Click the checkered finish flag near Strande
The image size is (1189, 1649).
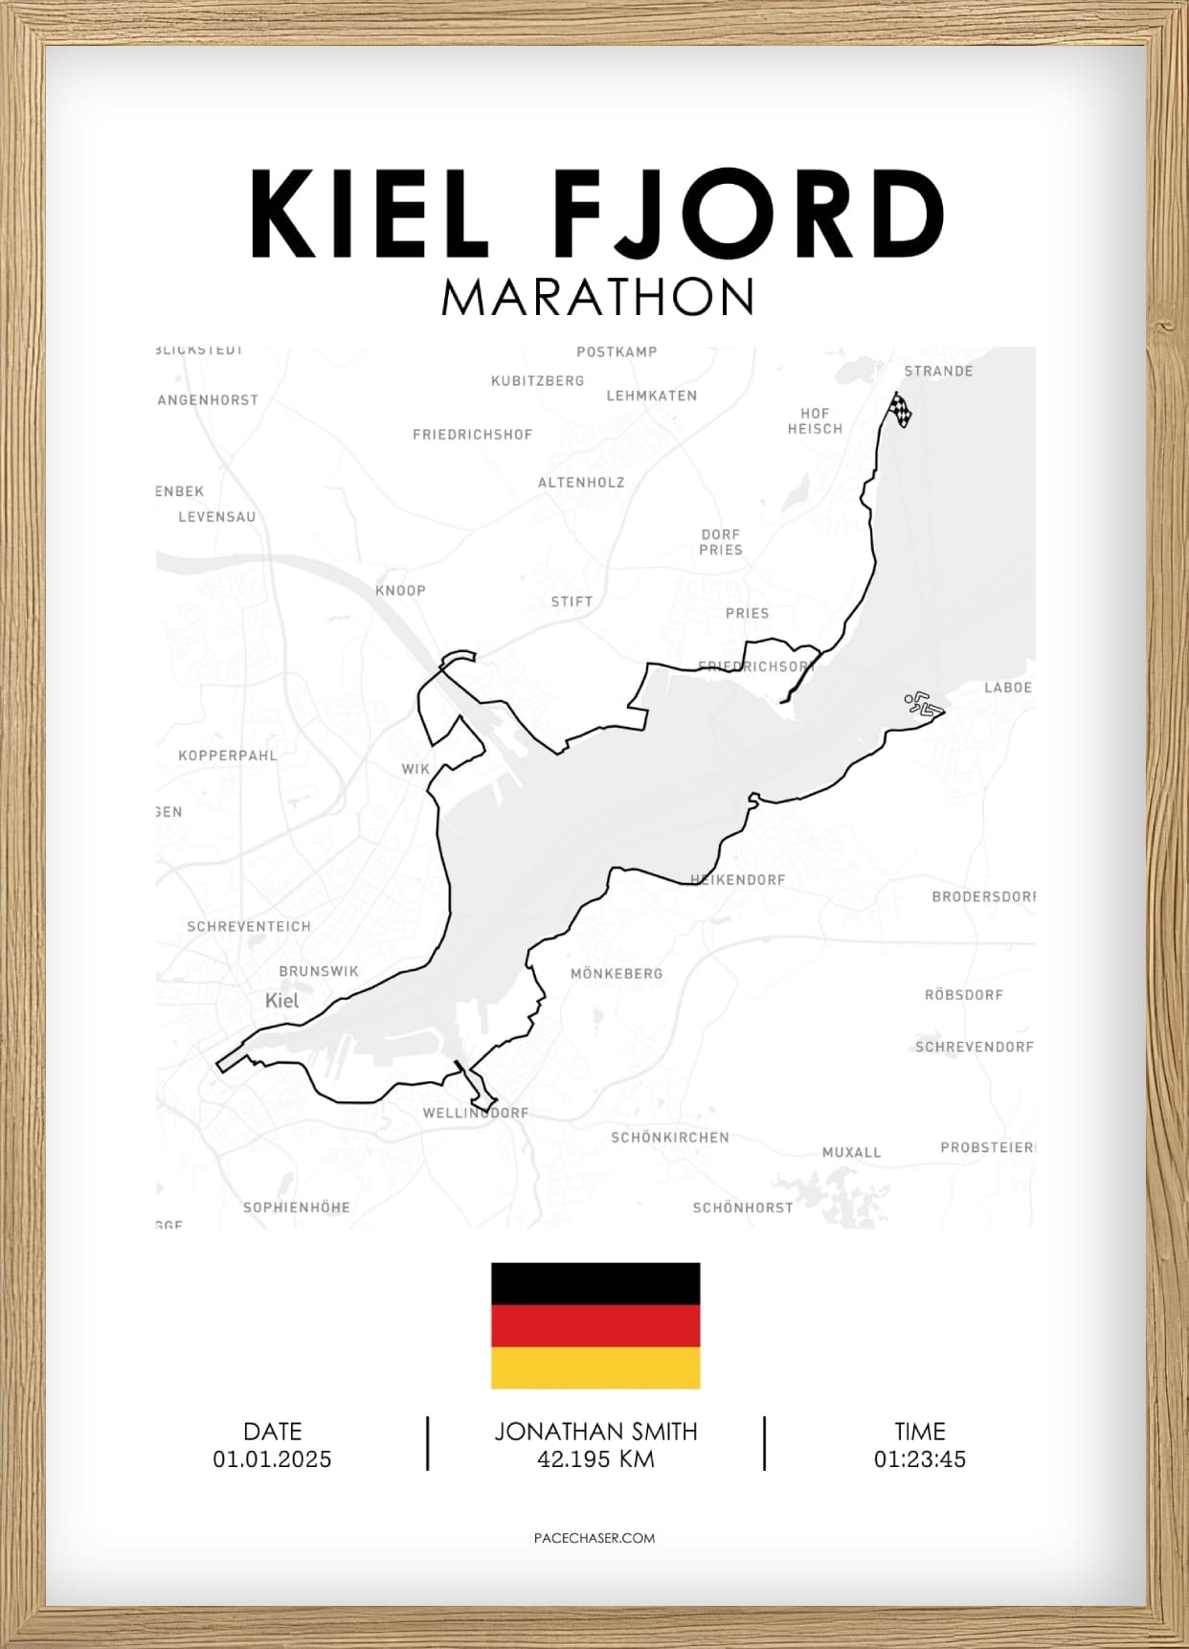click(900, 409)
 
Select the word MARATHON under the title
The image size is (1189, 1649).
click(597, 298)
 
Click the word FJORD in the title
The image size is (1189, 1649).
click(750, 214)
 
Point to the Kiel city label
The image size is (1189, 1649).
click(281, 1001)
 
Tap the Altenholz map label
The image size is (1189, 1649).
click(581, 483)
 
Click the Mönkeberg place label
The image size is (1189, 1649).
click(617, 974)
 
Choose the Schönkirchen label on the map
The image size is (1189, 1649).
click(670, 1138)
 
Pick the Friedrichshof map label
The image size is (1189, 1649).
click(472, 435)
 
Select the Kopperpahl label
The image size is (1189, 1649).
click(228, 756)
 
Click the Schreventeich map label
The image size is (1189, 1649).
click(249, 927)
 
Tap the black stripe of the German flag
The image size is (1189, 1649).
click(595, 1284)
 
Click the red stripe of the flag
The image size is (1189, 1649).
click(595, 1326)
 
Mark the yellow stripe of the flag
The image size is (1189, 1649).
click(595, 1367)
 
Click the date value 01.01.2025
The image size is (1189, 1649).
click(273, 1459)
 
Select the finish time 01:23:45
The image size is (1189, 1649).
click(920, 1459)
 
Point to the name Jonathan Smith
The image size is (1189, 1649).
click(595, 1432)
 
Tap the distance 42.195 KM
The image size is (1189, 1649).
click(595, 1459)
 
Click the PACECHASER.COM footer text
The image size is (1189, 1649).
click(594, 1538)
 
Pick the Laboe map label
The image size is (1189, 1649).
click(1008, 688)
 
